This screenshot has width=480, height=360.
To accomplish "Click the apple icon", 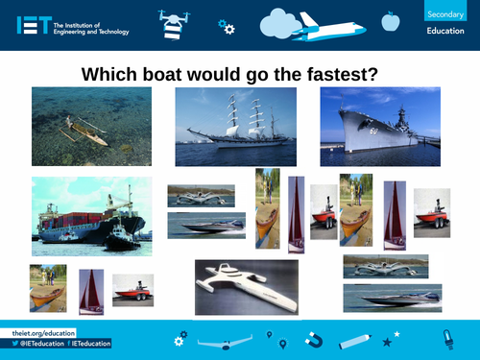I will [390, 20].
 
